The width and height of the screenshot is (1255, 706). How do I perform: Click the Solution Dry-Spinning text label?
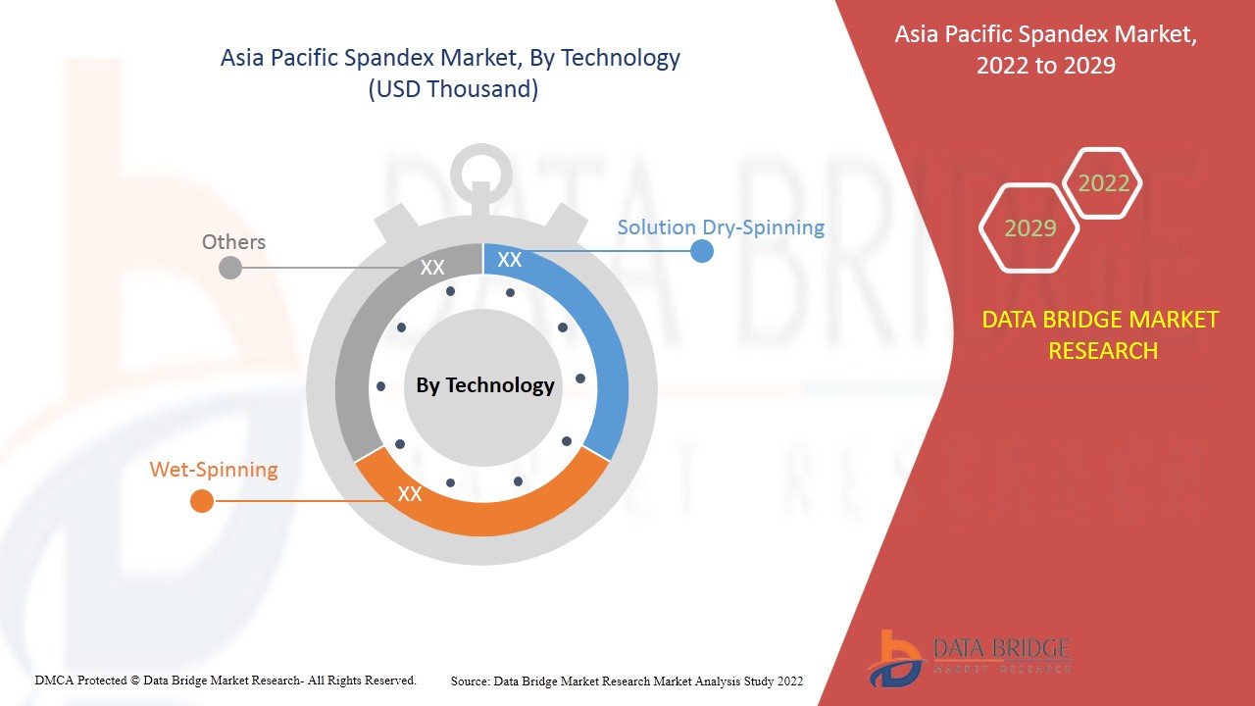click(721, 227)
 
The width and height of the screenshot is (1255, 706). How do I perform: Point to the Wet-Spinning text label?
click(214, 470)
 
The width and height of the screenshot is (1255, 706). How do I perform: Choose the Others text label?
click(233, 242)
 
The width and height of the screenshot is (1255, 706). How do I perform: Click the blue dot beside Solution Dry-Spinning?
click(702, 251)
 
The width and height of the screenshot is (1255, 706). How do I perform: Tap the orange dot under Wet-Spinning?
click(201, 501)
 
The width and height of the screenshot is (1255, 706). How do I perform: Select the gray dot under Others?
click(229, 267)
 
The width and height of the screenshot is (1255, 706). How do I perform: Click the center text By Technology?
click(485, 385)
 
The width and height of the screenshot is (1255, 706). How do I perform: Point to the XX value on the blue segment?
click(510, 260)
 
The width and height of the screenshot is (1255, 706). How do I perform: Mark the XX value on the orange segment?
click(410, 494)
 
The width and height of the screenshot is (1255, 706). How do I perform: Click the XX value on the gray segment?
click(432, 268)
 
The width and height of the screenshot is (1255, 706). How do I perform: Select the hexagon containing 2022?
click(1103, 183)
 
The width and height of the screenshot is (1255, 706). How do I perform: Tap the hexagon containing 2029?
click(1029, 228)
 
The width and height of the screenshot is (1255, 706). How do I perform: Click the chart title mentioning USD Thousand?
click(450, 74)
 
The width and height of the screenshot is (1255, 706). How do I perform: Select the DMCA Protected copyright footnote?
click(226, 680)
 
